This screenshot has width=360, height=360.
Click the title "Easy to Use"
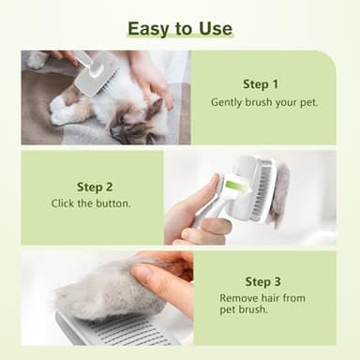click(179, 28)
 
